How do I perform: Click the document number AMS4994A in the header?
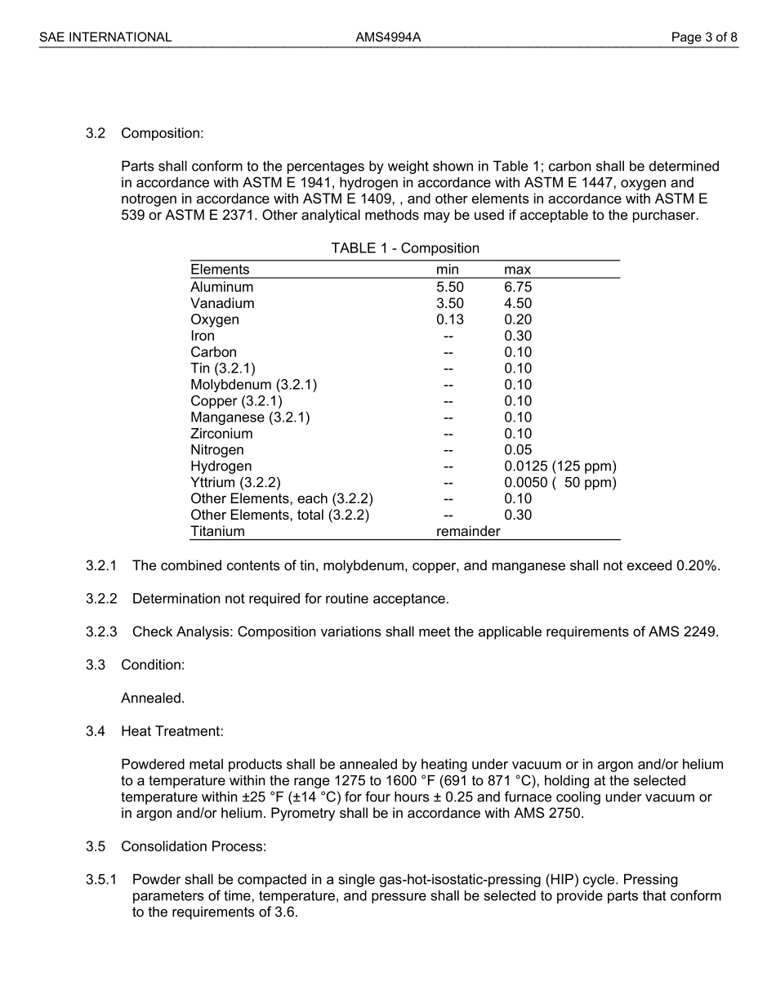coord(388,37)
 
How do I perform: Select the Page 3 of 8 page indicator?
coord(704,37)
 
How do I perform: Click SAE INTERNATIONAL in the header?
coord(105,37)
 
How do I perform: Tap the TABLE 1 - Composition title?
coord(405,248)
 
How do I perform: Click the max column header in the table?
coord(517,270)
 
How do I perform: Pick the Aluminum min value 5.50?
coord(449,287)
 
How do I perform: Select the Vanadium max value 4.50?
coord(518,303)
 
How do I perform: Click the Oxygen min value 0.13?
coord(449,319)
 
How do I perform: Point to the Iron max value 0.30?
coord(518,336)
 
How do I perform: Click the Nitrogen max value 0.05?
coord(518,450)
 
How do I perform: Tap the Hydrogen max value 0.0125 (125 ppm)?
coord(560,466)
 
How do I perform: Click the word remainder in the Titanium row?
coord(468,532)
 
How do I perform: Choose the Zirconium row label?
coord(221,434)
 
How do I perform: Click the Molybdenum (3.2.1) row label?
coord(253,385)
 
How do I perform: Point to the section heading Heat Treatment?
coord(172,731)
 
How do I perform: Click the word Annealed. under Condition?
coord(153,699)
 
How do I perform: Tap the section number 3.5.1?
coord(101,880)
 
